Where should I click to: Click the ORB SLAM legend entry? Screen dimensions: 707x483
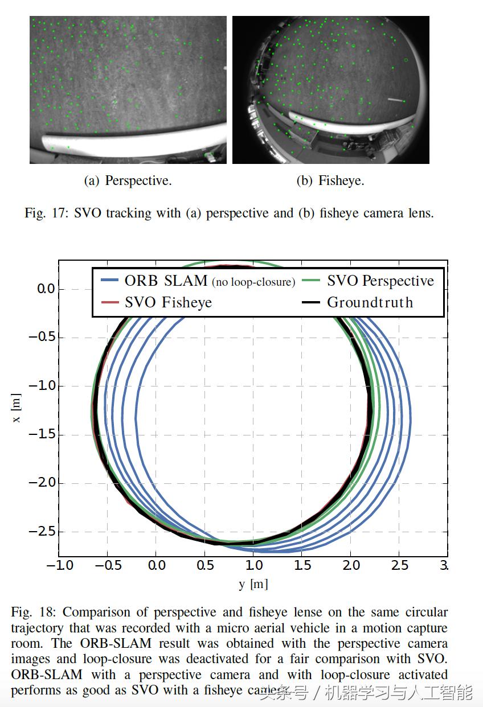(166, 281)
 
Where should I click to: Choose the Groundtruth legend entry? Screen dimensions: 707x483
(370, 302)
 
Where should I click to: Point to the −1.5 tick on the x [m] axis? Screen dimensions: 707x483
(42, 435)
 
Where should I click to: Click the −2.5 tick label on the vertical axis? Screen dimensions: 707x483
(42, 532)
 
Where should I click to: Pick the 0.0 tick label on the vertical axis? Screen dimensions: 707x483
(46, 289)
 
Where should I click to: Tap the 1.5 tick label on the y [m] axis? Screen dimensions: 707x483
(303, 565)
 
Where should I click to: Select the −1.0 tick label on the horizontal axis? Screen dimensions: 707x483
(59, 565)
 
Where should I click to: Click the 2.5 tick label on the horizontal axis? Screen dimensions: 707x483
(400, 565)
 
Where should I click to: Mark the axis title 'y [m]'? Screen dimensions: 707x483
(253, 584)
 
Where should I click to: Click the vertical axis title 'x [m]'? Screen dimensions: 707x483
(17, 409)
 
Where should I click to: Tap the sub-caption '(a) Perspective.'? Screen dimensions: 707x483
(128, 181)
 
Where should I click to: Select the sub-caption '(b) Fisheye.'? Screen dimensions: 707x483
(330, 181)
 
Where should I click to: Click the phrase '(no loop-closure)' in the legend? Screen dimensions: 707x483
(253, 282)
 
